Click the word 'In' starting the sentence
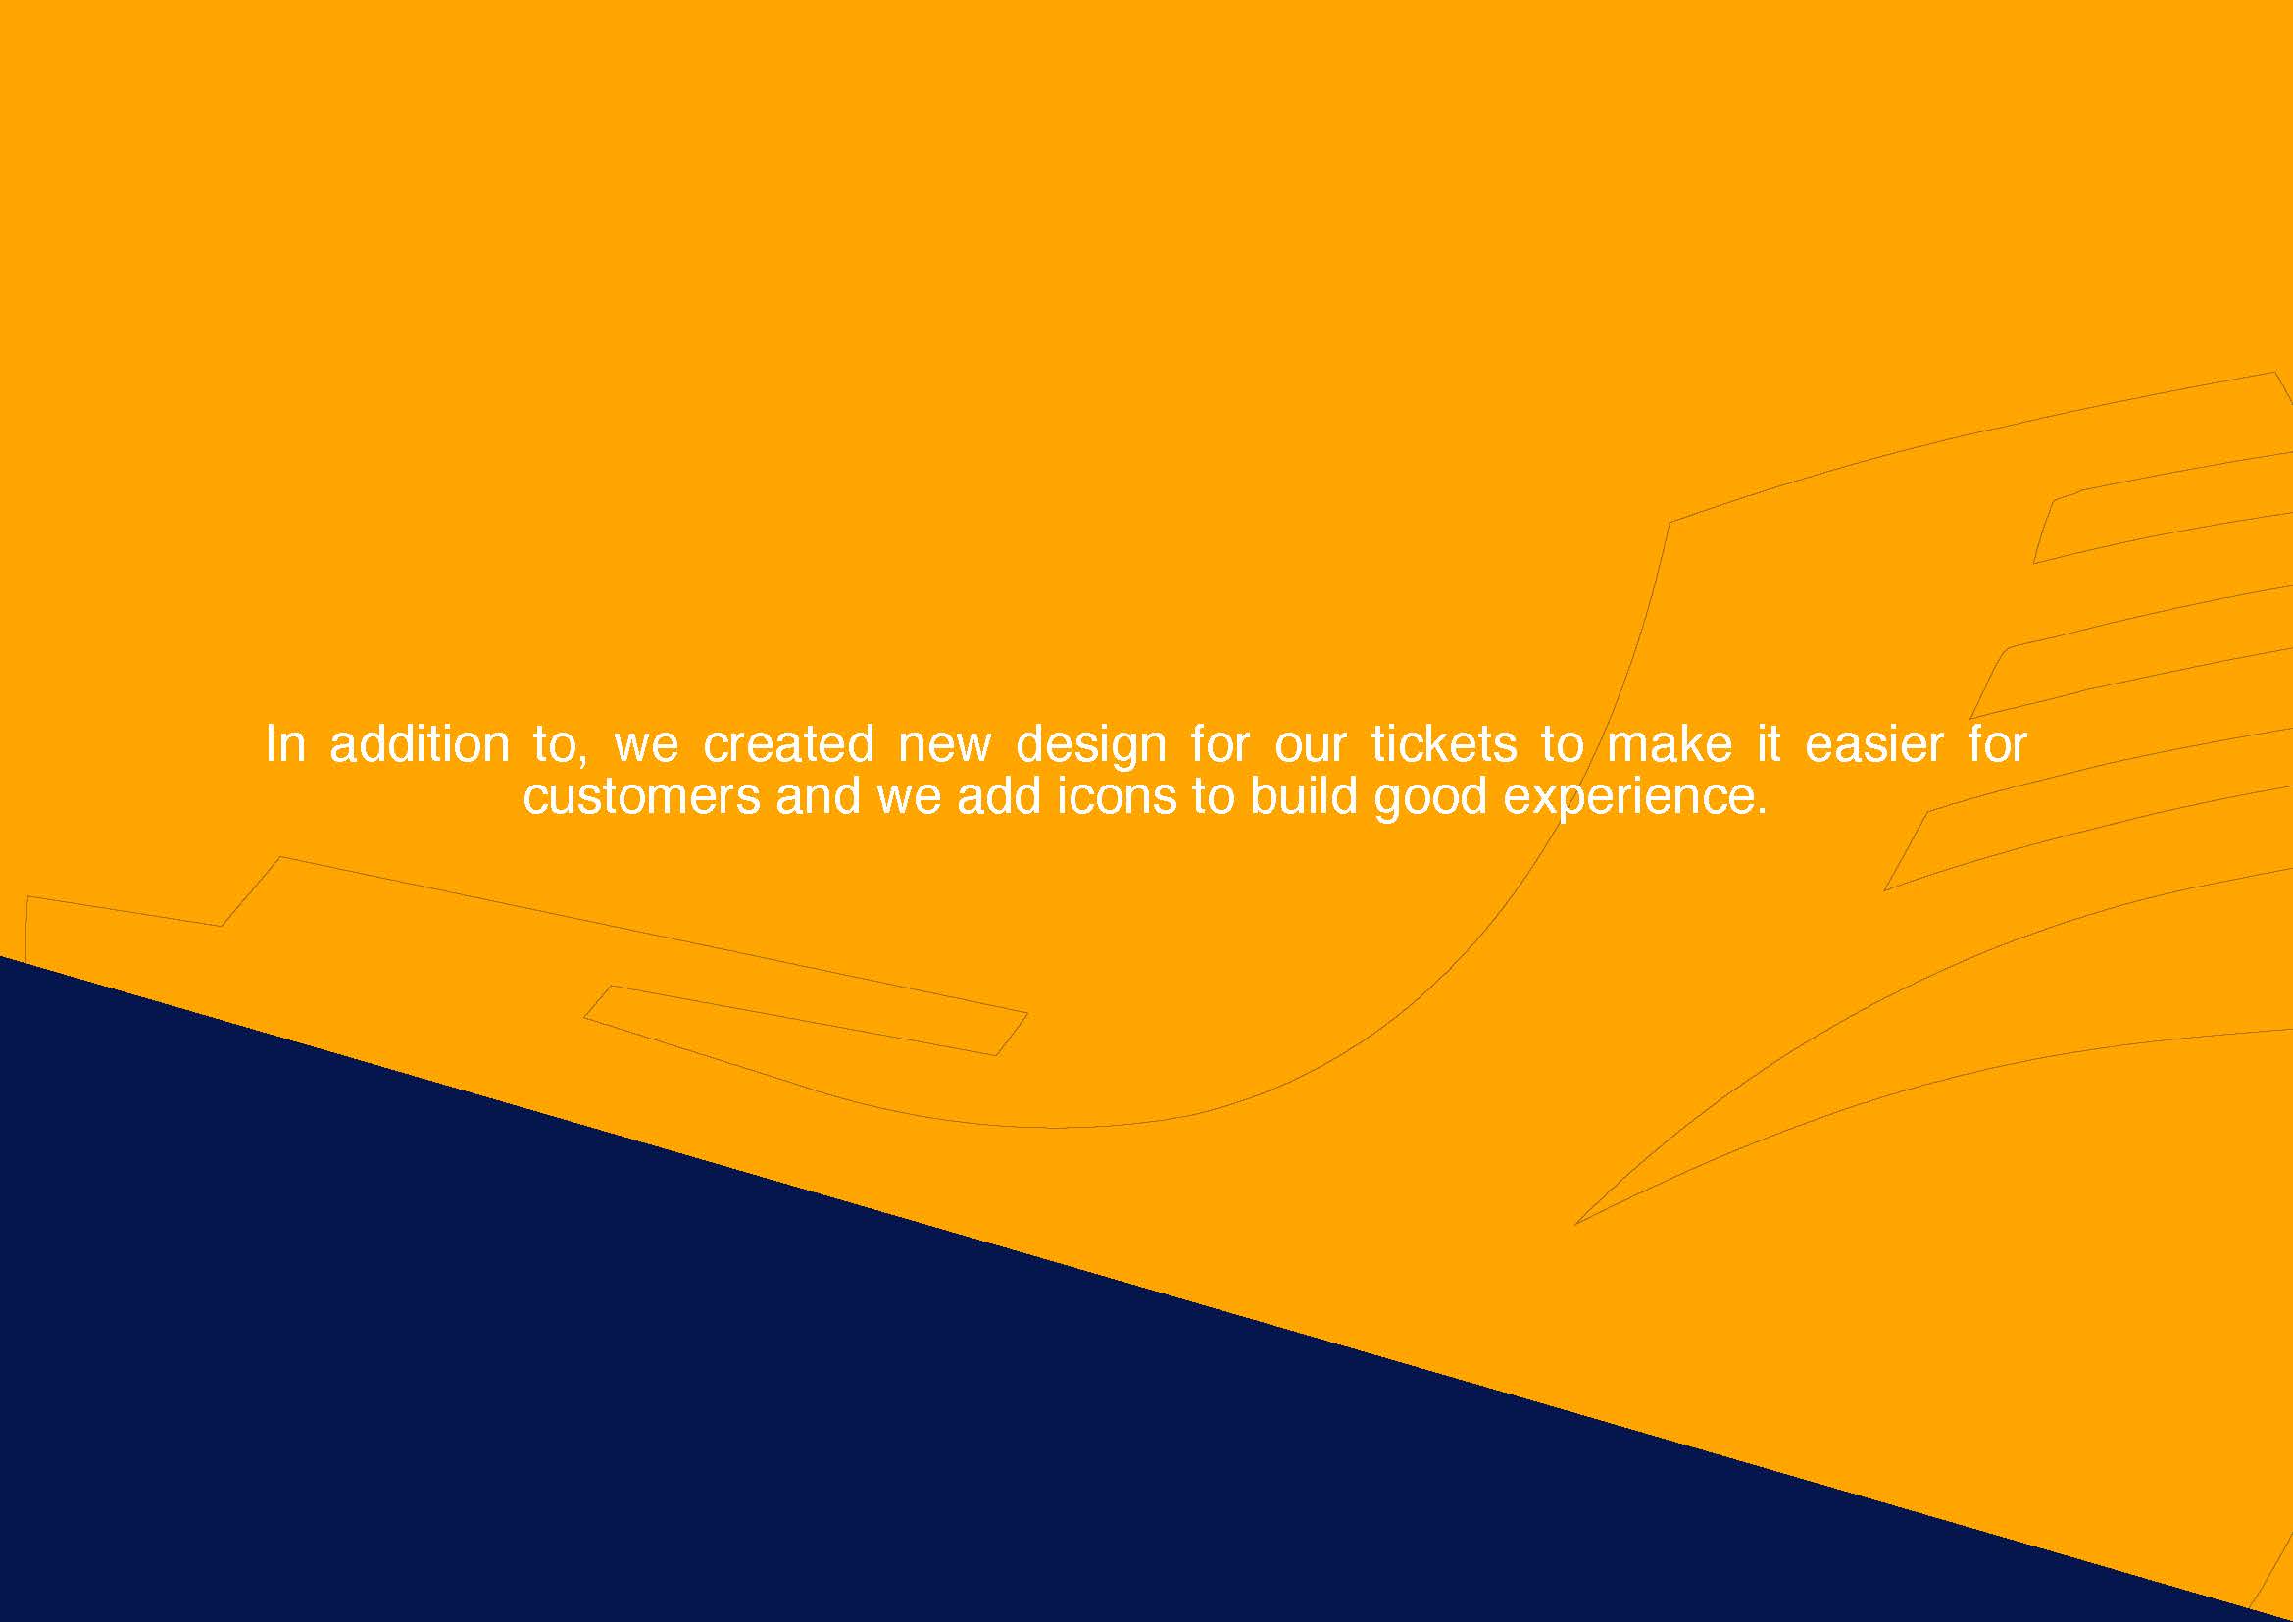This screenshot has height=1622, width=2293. click(284, 745)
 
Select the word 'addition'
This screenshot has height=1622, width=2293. click(420, 745)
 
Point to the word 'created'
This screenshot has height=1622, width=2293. click(789, 745)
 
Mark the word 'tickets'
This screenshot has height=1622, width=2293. click(1443, 745)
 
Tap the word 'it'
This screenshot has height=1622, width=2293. click(1769, 745)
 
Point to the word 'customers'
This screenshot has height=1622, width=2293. click(641, 797)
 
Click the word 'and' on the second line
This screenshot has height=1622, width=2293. click(818, 796)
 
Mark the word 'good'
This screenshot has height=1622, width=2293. click(1430, 800)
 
